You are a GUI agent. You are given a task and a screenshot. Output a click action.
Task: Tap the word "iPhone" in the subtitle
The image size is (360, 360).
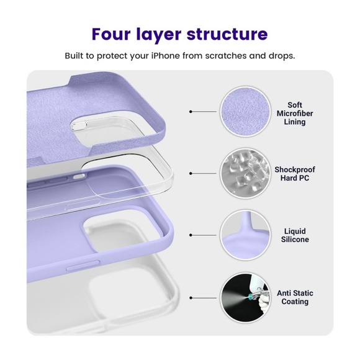[178, 55]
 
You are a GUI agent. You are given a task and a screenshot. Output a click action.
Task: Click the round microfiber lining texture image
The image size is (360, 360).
[248, 112]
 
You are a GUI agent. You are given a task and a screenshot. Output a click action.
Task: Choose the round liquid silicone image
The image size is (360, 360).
[248, 235]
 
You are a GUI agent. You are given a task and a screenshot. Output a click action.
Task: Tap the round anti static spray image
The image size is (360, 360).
[248, 297]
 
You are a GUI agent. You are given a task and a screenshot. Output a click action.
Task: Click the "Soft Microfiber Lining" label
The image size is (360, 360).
[295, 114]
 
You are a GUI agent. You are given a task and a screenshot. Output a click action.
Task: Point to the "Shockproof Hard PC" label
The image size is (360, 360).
[295, 174]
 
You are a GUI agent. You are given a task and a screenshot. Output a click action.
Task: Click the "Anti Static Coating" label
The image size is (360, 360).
[295, 297]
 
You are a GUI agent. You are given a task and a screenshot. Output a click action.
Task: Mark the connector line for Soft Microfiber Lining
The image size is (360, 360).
[204, 112]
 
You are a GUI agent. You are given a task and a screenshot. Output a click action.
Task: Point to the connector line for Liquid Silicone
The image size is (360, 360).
[204, 235]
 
